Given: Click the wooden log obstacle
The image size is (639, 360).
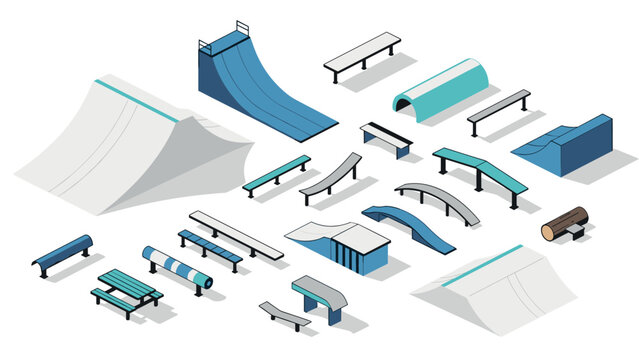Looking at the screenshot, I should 564,224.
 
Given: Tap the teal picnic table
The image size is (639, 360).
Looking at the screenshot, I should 127,289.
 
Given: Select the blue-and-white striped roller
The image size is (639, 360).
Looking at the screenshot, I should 177,267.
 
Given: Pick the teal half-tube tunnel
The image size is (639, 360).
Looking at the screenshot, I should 440,88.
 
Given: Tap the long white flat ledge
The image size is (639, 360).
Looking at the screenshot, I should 236,233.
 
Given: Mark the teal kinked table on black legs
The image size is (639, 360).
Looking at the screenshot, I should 480,169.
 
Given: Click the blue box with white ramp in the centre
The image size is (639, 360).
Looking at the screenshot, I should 340,245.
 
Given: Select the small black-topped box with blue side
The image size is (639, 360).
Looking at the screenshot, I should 386,138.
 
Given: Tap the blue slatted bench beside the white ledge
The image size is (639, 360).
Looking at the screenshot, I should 209,248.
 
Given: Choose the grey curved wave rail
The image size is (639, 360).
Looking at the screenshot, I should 330,176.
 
